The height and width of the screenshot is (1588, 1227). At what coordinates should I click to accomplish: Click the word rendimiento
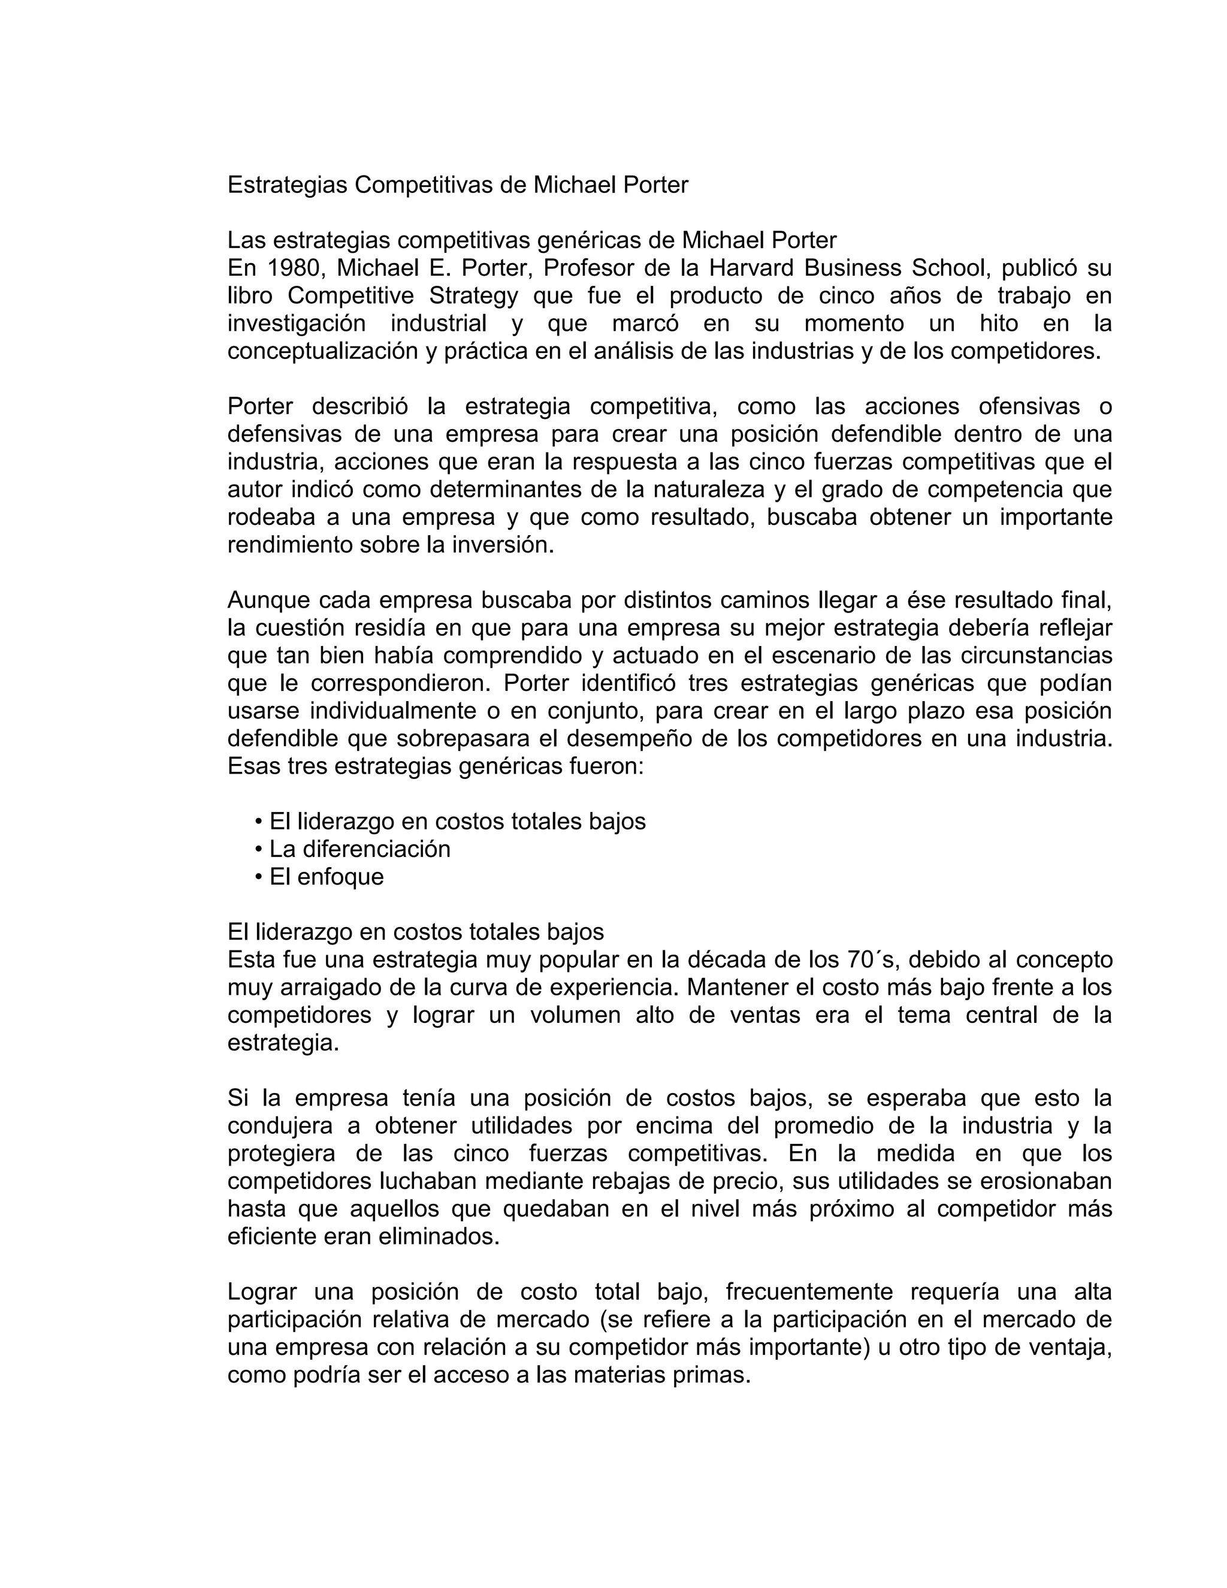[x=290, y=545]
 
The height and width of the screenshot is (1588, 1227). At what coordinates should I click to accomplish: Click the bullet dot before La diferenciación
[x=259, y=850]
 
